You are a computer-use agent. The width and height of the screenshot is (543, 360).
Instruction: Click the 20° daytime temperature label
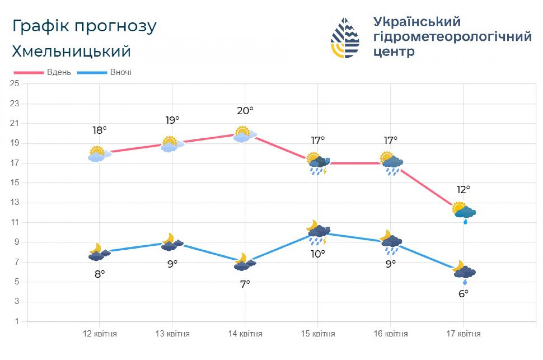coord(245,111)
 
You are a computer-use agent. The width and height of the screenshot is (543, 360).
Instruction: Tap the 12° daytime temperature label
coord(463,189)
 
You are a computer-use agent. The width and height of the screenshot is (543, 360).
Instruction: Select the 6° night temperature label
coord(463,294)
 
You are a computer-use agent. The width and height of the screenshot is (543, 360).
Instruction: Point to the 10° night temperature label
coord(318,254)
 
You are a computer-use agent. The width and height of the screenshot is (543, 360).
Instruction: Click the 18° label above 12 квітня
coord(100,130)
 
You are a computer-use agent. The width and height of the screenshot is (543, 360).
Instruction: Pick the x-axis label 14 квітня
coord(245,334)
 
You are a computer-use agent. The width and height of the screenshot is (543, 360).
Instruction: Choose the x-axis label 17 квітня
coord(463,334)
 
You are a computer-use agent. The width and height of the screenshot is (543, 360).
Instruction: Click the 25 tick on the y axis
coord(14,83)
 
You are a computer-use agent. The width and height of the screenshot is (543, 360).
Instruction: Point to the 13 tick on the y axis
coord(14,202)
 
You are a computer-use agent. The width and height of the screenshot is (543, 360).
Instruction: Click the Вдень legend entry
coord(59,72)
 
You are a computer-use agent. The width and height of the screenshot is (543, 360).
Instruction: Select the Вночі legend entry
coord(121,72)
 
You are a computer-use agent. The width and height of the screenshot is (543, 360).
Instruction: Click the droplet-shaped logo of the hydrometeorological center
coord(345,38)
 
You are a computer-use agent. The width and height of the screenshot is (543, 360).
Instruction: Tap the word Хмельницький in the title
coord(71,51)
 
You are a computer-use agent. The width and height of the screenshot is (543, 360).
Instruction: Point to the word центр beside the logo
coord(394,51)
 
